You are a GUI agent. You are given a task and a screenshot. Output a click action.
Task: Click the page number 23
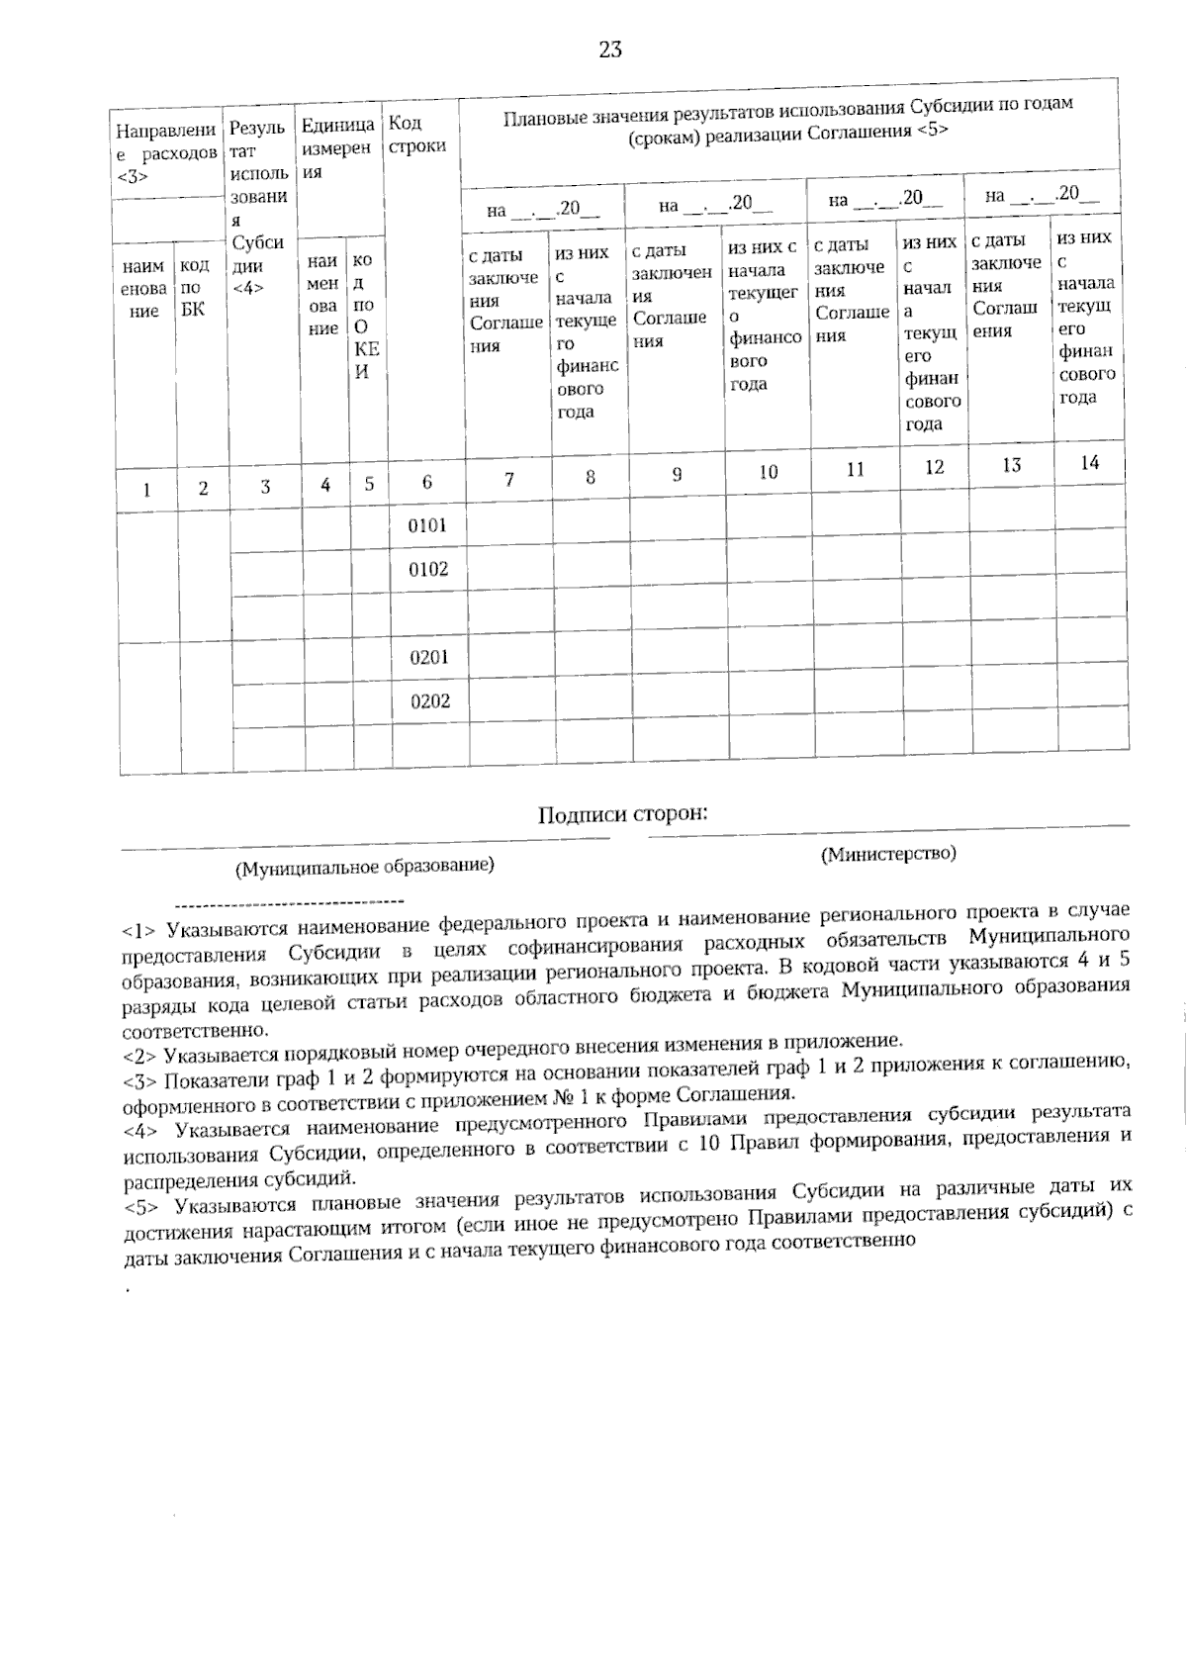(x=610, y=49)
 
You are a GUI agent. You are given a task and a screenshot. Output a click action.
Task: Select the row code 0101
(x=427, y=525)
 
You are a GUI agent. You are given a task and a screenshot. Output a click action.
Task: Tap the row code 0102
(x=428, y=569)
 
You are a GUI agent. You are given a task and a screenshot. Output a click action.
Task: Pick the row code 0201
(x=429, y=657)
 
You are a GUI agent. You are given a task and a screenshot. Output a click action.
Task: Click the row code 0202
(x=430, y=701)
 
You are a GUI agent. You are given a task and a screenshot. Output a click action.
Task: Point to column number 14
(x=1089, y=462)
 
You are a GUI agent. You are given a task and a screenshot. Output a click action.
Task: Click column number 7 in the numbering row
(x=508, y=480)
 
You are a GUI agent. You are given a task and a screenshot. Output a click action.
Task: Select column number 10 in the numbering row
(x=769, y=472)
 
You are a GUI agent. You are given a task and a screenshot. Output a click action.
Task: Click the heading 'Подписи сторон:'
(x=623, y=814)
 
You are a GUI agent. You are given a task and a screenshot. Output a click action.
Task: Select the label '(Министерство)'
(x=888, y=853)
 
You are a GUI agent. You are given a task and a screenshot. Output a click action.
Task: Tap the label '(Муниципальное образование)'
(x=364, y=868)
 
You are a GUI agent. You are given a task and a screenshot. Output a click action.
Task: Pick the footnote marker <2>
(x=140, y=1055)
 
